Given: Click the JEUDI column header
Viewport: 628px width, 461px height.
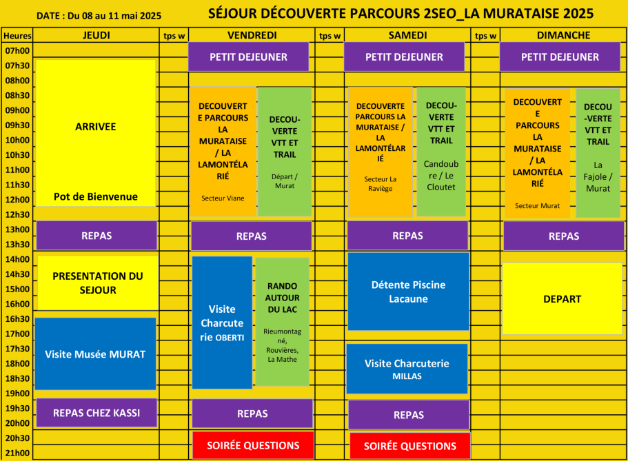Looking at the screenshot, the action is [x=96, y=35].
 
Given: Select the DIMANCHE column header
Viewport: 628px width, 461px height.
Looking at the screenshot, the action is [x=563, y=35].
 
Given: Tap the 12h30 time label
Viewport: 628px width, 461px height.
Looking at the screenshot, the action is [x=17, y=215].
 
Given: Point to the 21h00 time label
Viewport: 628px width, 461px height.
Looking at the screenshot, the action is [x=17, y=453].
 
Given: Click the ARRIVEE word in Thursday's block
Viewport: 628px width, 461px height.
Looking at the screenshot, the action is [x=95, y=127].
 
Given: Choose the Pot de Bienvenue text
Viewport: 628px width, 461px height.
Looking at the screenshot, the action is [x=96, y=196].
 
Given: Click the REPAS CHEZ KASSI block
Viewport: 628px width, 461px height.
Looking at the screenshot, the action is [x=97, y=413].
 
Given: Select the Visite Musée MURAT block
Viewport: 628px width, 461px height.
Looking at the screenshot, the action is [x=95, y=354].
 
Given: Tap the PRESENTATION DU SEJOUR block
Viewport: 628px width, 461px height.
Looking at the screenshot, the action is [x=98, y=283].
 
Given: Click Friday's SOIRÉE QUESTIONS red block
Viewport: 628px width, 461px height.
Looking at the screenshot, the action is [x=253, y=445].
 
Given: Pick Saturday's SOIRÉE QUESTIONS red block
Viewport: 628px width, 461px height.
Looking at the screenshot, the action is [x=409, y=446].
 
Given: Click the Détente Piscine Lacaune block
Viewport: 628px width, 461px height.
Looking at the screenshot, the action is [x=408, y=291].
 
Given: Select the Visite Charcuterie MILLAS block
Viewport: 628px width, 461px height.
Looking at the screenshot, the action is [x=407, y=369].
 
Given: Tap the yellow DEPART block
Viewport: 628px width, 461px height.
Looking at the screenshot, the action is [x=562, y=299].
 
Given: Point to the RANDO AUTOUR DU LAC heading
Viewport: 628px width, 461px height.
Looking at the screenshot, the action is [x=283, y=298].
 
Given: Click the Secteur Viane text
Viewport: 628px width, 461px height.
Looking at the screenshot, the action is [x=223, y=198].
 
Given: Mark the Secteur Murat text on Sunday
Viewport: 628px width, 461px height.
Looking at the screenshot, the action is [x=537, y=206].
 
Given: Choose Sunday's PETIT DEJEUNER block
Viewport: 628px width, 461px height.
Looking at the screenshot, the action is [x=560, y=57].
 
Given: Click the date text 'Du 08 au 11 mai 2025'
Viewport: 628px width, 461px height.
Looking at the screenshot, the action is [x=114, y=16].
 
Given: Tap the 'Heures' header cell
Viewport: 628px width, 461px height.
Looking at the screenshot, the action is [x=17, y=36].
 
